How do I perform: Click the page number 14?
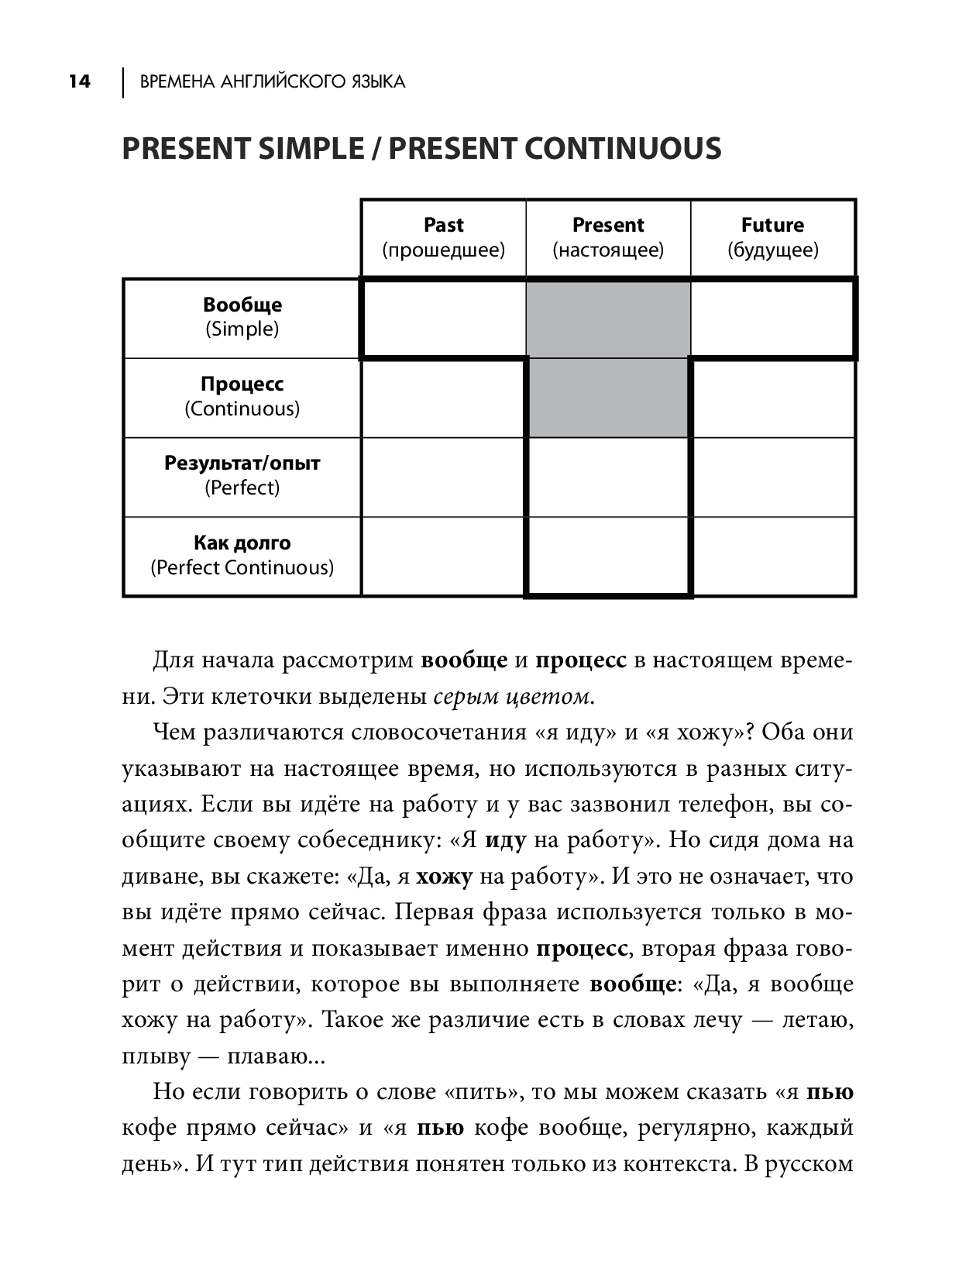coord(79,81)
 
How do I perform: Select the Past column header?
coord(443,237)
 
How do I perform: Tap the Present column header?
coord(608,237)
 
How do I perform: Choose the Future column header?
coord(772,237)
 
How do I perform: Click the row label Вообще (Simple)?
coord(242,317)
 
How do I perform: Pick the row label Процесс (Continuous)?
coord(242,396)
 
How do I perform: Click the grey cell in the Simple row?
coord(608,319)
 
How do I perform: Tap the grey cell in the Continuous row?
coord(608,398)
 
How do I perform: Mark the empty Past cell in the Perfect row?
coord(443,477)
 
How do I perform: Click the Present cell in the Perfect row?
coord(608,477)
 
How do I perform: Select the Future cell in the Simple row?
coord(772,319)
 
